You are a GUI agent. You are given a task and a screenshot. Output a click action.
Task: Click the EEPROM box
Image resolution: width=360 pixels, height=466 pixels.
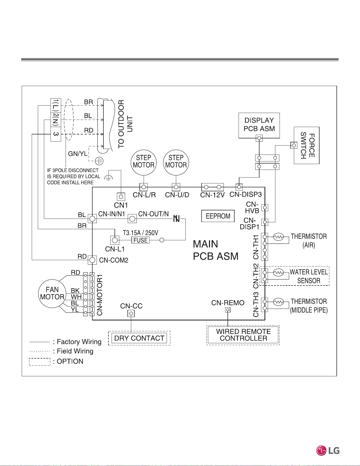218,216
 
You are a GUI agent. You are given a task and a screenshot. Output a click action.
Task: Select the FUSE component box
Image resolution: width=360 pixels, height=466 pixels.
140,240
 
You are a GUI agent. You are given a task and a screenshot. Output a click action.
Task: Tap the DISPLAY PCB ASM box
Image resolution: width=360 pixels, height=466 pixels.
259,125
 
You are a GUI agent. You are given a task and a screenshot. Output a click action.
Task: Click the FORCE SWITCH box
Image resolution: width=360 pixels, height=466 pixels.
307,145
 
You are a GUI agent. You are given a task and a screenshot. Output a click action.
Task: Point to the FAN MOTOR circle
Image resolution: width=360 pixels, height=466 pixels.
52,293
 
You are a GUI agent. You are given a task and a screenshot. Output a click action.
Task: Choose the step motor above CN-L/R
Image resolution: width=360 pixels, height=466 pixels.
144,162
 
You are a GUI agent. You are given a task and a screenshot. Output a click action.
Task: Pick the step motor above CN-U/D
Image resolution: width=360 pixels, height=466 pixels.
176,162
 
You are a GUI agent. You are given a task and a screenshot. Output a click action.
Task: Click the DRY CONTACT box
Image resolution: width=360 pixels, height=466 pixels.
139,338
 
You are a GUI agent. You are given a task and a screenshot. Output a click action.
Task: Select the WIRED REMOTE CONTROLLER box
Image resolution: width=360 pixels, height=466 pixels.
243,335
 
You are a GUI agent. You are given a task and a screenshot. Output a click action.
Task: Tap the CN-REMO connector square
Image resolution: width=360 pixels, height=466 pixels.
227,310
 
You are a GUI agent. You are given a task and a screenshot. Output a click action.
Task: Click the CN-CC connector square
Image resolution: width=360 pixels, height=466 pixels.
131,314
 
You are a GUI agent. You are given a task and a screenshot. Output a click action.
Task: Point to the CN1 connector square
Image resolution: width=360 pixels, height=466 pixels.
121,197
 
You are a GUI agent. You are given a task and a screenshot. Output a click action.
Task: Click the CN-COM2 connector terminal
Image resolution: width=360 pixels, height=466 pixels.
92,260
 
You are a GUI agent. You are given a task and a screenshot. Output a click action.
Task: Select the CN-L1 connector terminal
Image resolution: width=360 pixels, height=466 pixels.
115,240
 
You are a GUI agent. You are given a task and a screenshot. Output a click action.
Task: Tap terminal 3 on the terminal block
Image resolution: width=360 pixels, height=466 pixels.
56,134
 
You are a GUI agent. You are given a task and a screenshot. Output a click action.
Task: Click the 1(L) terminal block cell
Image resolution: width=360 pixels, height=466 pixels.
56,105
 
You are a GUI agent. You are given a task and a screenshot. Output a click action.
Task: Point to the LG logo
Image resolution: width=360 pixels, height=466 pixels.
328,450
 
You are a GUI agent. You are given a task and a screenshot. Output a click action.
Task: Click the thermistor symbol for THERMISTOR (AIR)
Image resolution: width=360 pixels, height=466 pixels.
278,237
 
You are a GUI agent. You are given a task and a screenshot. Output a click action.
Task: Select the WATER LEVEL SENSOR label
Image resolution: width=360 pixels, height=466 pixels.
309,276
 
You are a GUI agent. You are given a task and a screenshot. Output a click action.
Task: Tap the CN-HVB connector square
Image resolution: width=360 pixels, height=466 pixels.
265,208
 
